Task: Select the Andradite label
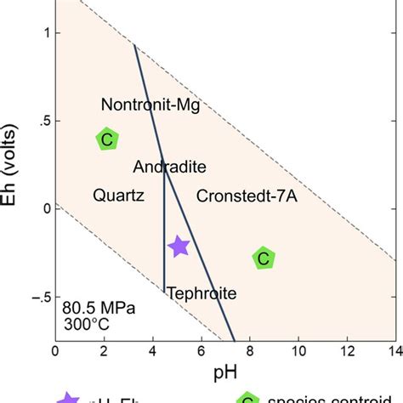coord(169,167)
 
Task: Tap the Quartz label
coord(117,196)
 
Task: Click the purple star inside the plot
coord(178,247)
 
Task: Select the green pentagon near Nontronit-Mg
coord(106,139)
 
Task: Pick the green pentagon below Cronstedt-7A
coord(264,258)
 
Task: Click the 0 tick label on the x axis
coord(55,349)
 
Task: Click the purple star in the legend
coord(68,396)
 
